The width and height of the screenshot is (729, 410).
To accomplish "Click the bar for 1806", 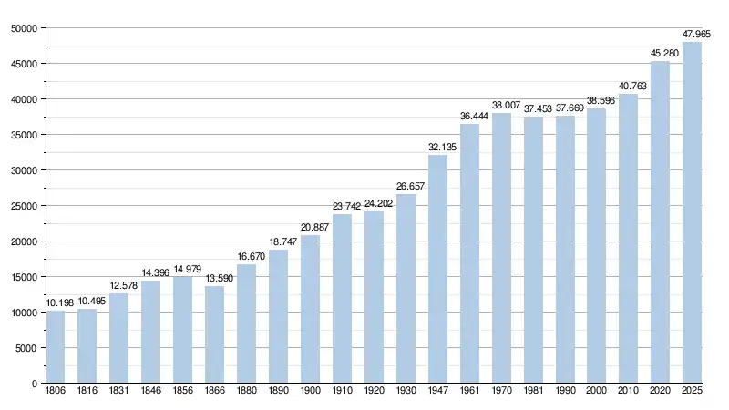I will point(56,347).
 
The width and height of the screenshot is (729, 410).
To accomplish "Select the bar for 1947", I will point(437,269).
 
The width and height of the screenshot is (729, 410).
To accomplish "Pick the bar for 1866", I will point(214,334).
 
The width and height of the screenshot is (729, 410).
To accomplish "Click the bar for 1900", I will point(310,309).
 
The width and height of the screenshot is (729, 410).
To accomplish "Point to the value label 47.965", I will point(696,34).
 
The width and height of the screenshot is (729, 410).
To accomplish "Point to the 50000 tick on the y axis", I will point(24,28).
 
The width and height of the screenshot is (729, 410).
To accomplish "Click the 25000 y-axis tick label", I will point(24,206).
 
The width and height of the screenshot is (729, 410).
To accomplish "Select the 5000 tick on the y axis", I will point(26,348).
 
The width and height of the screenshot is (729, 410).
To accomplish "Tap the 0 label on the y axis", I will point(35,384).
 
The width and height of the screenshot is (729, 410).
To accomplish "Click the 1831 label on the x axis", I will point(119,391).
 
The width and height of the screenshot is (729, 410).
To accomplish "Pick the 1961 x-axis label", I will point(469,391).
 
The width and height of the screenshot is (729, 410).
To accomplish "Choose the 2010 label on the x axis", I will point(629,391).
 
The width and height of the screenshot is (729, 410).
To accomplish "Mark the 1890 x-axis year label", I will point(278,391).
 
